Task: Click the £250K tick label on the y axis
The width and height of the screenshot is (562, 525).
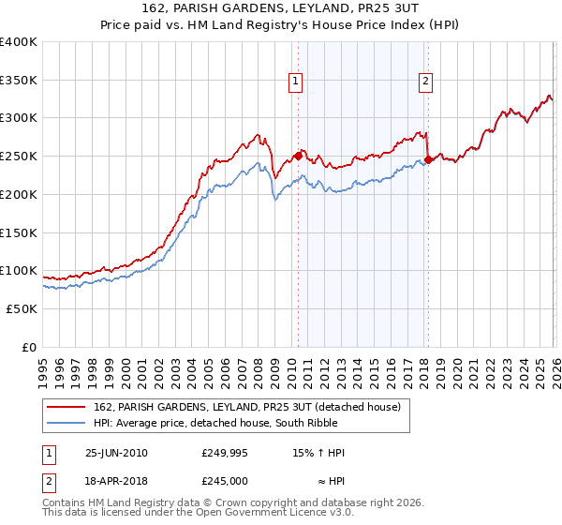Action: [19, 157]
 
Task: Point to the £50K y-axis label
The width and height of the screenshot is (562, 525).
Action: [22, 308]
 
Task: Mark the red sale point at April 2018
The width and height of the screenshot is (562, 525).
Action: [428, 160]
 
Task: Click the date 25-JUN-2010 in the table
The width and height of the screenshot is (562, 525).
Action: [116, 453]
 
